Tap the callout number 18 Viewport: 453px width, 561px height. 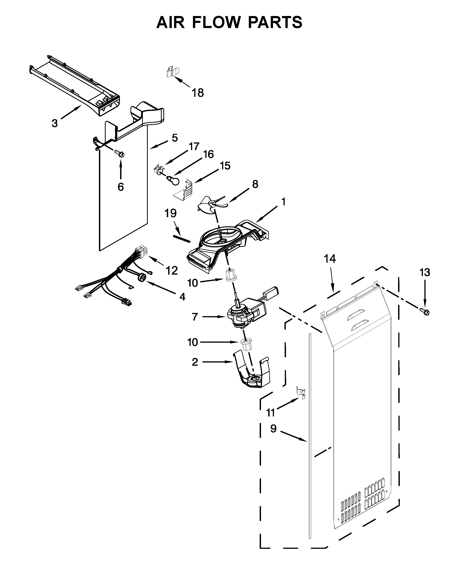click(198, 93)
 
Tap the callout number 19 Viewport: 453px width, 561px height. click(170, 213)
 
